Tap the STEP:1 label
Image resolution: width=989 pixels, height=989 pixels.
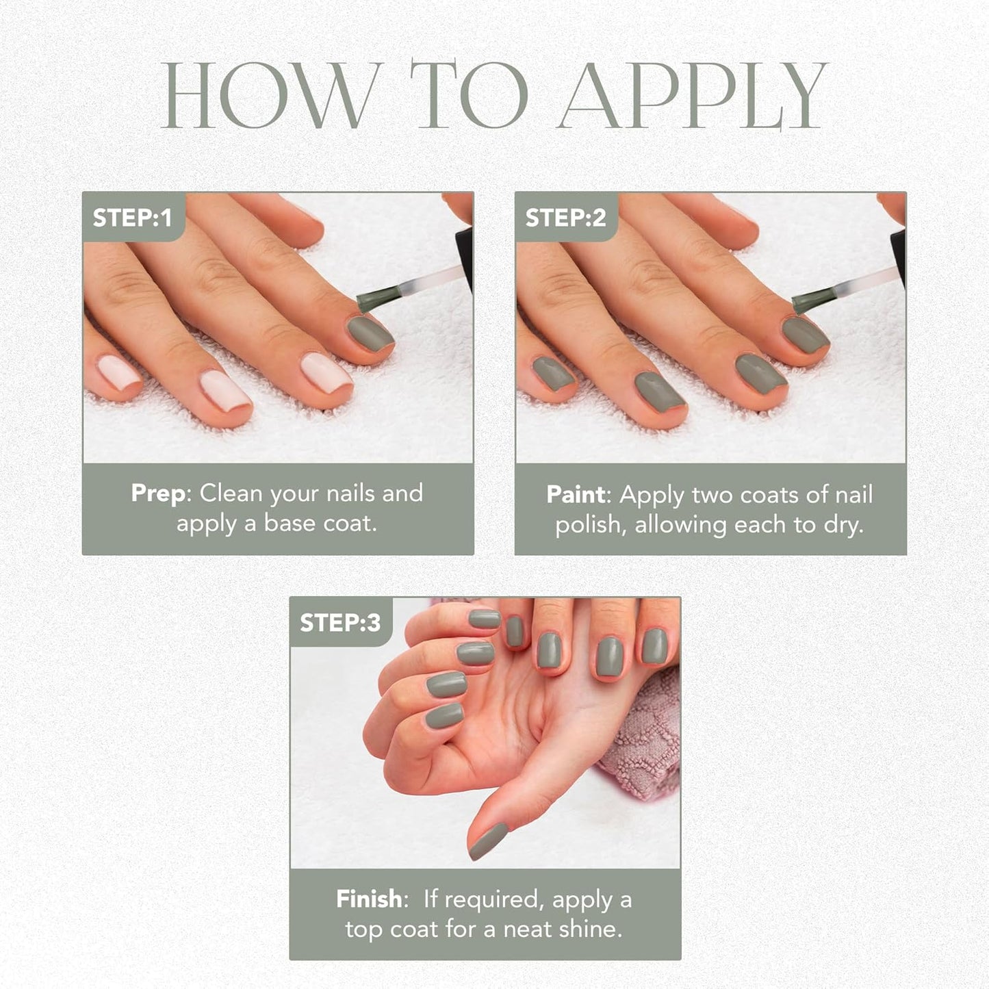[x=132, y=218]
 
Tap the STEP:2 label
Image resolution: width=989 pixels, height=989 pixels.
[x=565, y=218]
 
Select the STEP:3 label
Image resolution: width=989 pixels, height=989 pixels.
[x=339, y=622]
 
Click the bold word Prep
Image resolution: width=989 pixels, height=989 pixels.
[x=157, y=493]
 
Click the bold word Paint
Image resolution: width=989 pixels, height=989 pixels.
[x=576, y=495]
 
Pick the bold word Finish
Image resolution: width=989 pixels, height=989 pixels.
[x=369, y=899]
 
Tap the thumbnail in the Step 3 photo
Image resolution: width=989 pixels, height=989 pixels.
[x=488, y=840]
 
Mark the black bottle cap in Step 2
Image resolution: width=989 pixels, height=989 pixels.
[x=898, y=257]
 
